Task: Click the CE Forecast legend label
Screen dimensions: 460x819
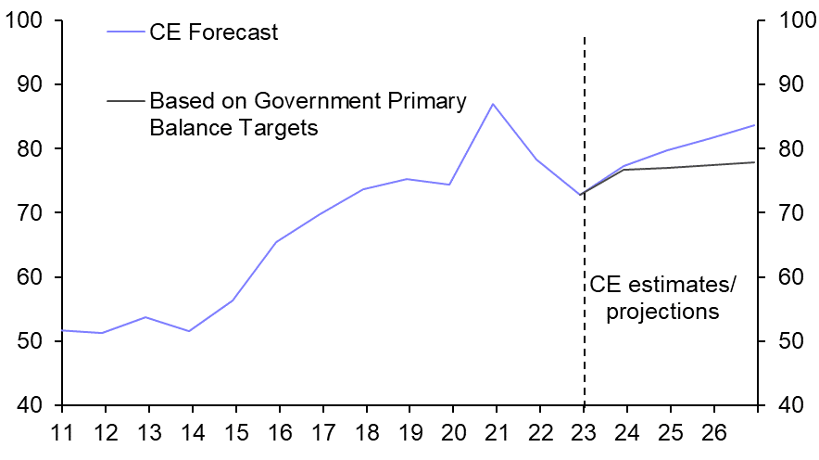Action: pyautogui.click(x=213, y=32)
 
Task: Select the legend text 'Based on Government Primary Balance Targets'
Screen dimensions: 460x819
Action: pyautogui.click(x=307, y=114)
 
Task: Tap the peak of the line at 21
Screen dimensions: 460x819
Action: pyautogui.click(x=493, y=104)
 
